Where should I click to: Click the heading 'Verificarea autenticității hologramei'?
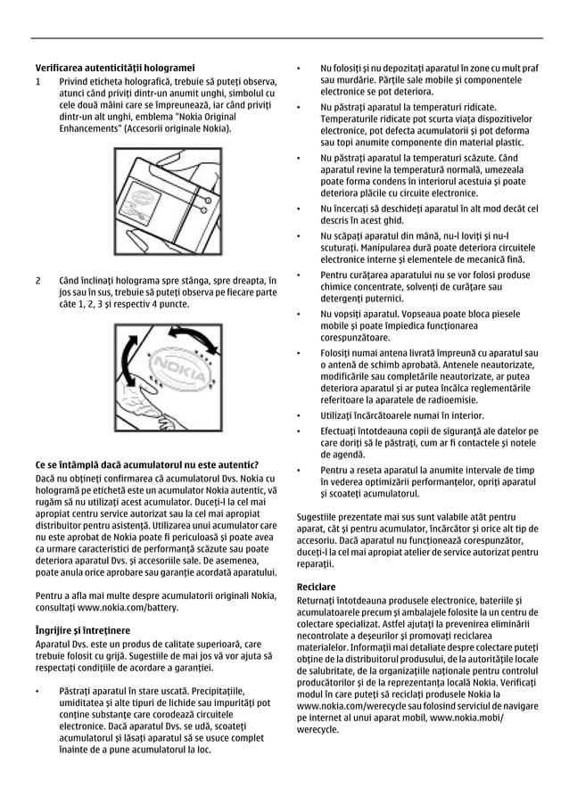point(114,67)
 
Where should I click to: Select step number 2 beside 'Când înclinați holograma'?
point(37,281)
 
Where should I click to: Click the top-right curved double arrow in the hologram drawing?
point(199,341)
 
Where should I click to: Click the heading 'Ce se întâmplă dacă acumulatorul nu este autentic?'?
point(146,464)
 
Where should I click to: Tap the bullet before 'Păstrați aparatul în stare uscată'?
point(37,691)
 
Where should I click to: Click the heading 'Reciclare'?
point(316,587)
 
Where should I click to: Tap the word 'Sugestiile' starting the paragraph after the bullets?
point(320,515)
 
